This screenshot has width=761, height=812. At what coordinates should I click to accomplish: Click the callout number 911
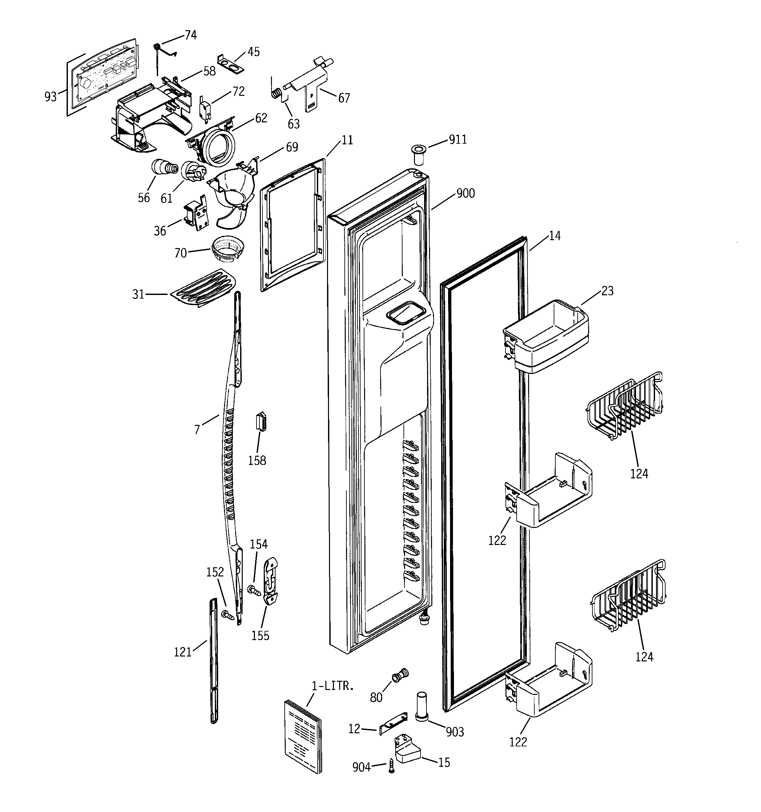pos(458,140)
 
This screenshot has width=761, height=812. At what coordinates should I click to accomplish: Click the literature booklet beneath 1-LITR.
pos(303,736)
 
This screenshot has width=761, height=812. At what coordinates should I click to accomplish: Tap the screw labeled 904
pos(391,765)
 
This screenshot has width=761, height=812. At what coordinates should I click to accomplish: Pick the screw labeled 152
pos(227,614)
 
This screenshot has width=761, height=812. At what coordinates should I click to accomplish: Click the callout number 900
pos(465,193)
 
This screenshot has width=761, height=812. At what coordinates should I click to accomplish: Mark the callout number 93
pos(50,97)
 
